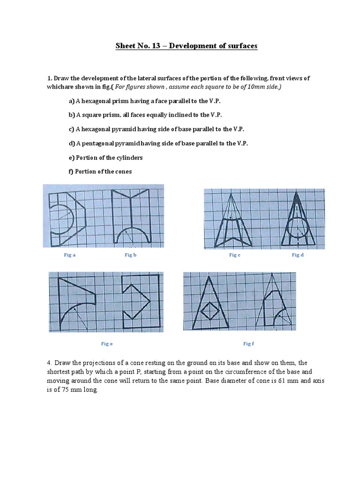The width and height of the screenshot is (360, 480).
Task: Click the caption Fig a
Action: coord(69,255)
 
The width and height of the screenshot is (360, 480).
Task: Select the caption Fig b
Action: coord(130,255)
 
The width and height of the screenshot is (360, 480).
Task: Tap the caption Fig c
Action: coord(234,255)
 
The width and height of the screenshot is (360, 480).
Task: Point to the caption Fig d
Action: coord(298,255)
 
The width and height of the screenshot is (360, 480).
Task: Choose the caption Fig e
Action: coord(107,344)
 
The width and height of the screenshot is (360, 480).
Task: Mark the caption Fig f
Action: coord(248,344)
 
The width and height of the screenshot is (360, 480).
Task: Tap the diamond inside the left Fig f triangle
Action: coord(208,310)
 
